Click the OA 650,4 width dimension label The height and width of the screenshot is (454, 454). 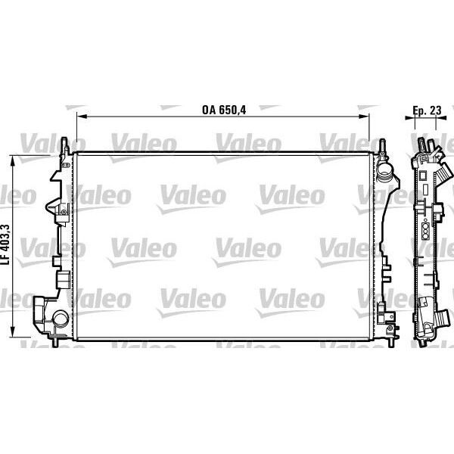click(225, 108)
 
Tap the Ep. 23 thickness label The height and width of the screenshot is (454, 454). click(428, 108)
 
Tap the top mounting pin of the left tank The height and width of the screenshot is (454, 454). click(67, 144)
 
